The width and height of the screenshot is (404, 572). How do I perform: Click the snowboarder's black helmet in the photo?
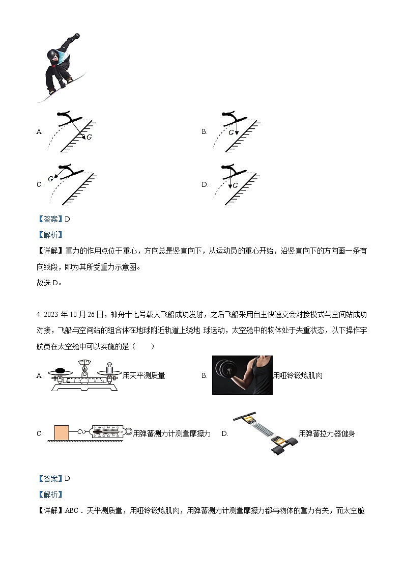[52, 55]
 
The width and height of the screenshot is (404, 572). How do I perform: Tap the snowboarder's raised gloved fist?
[77, 36]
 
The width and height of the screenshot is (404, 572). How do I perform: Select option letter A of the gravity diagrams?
[39, 132]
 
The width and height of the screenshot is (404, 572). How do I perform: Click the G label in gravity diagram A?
[89, 137]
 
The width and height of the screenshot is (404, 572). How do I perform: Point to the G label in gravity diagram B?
[231, 132]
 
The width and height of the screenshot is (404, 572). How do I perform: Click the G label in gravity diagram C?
[50, 179]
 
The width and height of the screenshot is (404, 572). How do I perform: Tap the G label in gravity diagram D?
[236, 185]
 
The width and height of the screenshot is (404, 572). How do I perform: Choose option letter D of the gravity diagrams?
[205, 184]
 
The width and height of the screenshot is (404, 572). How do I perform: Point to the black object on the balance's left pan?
[60, 370]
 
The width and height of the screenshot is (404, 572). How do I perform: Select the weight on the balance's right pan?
[108, 368]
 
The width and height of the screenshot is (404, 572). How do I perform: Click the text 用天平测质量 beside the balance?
[144, 376]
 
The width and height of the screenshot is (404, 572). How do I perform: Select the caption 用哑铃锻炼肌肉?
[298, 376]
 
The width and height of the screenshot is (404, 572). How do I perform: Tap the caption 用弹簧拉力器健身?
[327, 433]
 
